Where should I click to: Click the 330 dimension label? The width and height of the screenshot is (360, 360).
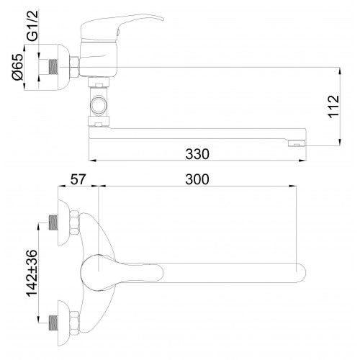[x=197, y=154]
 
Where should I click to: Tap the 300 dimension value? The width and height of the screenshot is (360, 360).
[x=197, y=179]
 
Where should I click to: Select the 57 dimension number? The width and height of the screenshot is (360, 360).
[x=78, y=179]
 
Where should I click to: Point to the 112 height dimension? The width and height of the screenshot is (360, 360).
[x=334, y=107]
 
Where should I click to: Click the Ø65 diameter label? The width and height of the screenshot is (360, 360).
[x=18, y=67]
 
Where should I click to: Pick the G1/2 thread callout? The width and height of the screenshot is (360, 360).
[x=32, y=25]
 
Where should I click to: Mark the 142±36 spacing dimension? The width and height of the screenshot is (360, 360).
[x=32, y=273]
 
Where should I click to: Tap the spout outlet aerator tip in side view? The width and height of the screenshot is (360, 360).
[x=297, y=143]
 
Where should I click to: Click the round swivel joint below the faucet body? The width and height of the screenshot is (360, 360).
[x=99, y=104]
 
